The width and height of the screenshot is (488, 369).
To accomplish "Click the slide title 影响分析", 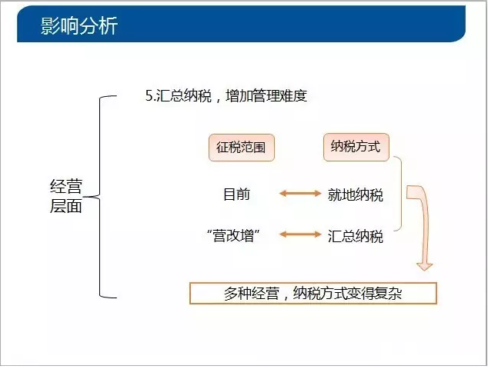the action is click(79, 25).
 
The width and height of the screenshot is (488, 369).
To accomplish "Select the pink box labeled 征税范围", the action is click(242, 148).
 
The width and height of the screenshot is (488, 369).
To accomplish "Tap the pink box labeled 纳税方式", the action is click(356, 147).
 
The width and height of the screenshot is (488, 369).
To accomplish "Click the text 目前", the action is click(237, 194).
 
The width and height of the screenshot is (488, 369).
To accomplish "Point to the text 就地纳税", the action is click(356, 195).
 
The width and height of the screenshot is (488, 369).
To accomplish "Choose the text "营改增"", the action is click(233, 235).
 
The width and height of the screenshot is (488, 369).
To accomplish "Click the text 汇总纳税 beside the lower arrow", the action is click(356, 236).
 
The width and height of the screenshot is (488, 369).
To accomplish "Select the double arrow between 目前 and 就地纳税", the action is click(300, 194).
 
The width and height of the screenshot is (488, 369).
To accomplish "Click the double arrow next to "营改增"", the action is click(300, 234).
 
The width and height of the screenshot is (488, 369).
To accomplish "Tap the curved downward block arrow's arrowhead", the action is click(425, 266).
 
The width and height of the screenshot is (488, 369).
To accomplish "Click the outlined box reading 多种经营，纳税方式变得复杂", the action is click(313, 293).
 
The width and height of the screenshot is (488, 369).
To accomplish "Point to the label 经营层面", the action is click(66, 196).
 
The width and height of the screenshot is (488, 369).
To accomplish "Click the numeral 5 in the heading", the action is click(149, 96).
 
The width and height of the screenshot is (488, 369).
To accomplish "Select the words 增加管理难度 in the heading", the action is click(266, 96).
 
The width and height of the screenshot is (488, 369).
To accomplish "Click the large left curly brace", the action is click(100, 197).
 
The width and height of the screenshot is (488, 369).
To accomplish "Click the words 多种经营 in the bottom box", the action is click(252, 293).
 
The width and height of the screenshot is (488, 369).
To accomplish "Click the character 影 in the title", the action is click(50, 25).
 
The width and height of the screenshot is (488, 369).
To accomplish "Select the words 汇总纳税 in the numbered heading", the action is click(184, 96).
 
